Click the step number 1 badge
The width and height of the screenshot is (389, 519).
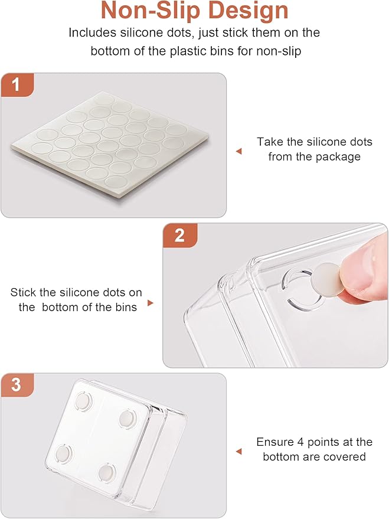(17, 85)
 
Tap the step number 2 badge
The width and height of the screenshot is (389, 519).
(179, 236)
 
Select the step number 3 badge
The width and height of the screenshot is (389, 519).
(17, 385)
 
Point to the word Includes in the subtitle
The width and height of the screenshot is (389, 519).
(93, 32)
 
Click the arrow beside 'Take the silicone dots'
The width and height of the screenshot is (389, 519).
(239, 151)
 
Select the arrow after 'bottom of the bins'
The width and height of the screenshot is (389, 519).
(151, 303)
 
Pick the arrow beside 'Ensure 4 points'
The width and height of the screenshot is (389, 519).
(239, 452)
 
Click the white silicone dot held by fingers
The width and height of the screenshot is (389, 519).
(326, 278)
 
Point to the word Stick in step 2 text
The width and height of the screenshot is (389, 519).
(23, 292)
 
